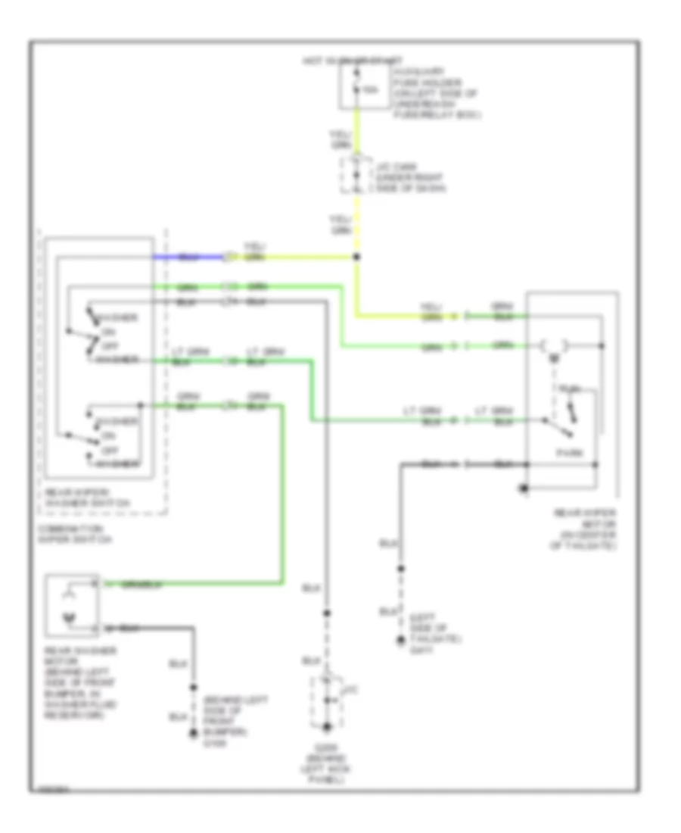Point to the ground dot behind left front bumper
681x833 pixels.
(194, 733)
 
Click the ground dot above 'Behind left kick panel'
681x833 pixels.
(327, 728)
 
